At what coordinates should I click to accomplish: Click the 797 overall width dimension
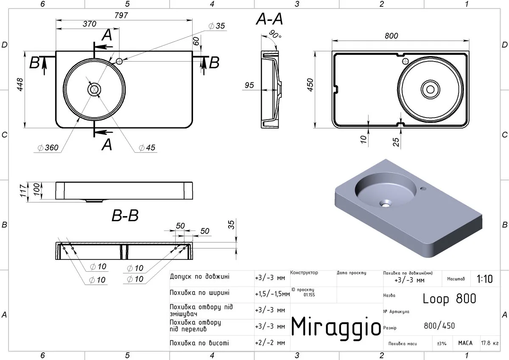121,15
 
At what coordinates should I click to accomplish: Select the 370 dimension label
89,24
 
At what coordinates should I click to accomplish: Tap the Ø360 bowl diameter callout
48,148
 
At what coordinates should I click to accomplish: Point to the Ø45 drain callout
147,148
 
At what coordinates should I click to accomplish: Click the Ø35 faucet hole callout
217,26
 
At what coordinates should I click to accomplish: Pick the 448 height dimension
20,84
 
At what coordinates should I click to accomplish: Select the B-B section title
125,215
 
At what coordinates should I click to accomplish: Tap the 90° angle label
275,34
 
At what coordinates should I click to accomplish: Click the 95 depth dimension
249,85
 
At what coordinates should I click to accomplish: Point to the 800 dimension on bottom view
391,36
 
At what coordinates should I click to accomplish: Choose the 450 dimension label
310,85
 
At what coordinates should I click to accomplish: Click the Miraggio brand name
336,326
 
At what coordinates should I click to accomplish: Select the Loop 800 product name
449,298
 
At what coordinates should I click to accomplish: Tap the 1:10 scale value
484,279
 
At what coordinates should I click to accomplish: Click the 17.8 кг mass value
490,343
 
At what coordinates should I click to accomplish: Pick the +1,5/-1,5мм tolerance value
272,294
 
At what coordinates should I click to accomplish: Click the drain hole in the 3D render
386,204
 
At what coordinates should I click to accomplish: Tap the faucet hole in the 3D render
423,188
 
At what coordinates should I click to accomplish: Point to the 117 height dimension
23,191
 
